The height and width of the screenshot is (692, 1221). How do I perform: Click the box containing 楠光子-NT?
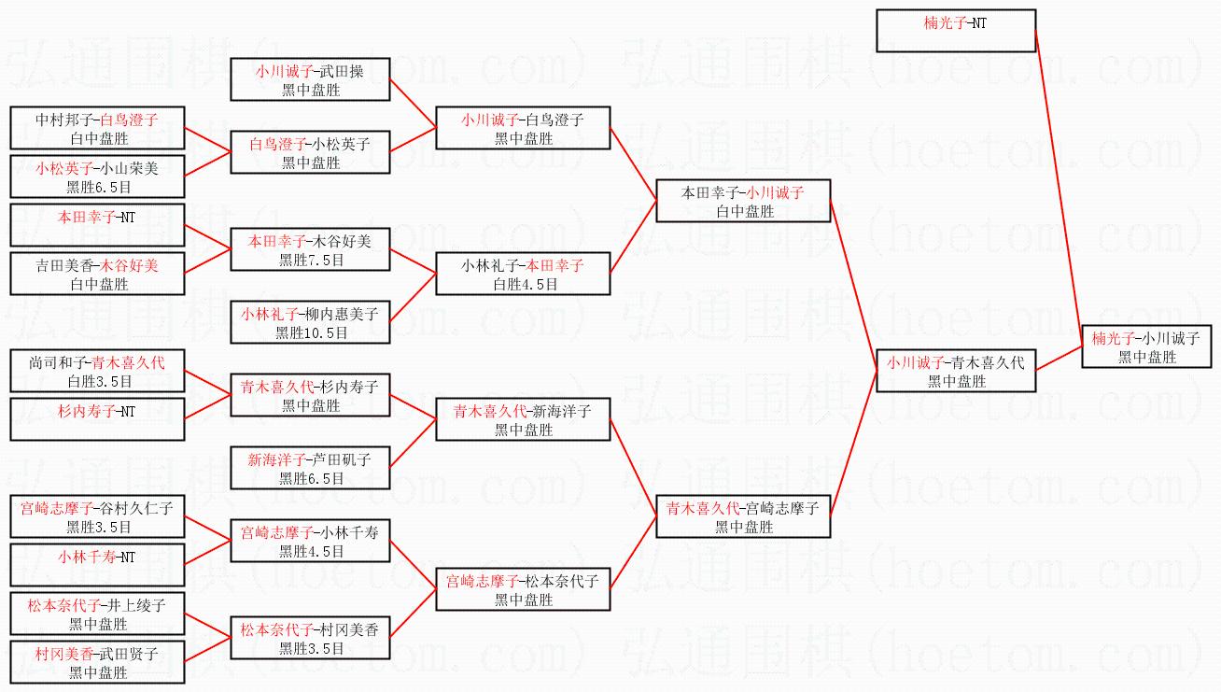tap(956, 31)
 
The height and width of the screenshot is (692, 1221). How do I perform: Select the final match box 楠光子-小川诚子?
tap(1145, 346)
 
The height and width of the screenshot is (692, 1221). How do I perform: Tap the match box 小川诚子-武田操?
tap(310, 79)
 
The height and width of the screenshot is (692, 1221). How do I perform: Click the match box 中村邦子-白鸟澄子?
tap(97, 128)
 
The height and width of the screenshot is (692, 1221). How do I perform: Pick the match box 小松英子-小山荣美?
tap(97, 177)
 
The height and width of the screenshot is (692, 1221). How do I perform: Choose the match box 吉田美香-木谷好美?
tap(97, 274)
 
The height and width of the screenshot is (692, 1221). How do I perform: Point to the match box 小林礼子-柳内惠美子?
tap(310, 322)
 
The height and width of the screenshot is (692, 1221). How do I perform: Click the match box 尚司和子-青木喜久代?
tap(97, 371)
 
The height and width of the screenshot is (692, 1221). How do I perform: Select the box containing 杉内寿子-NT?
tap(97, 419)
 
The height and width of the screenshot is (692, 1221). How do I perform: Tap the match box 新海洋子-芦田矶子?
tap(310, 468)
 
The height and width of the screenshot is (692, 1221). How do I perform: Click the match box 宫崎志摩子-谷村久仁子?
tap(97, 516)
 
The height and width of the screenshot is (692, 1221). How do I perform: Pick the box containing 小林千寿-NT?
tap(97, 565)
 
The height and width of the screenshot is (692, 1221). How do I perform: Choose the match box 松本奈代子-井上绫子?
tap(97, 614)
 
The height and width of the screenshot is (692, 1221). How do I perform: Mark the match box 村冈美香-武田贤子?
tap(97, 662)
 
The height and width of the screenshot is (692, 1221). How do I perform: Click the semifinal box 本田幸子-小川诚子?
tap(743, 201)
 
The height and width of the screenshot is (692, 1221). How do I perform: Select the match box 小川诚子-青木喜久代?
tap(956, 371)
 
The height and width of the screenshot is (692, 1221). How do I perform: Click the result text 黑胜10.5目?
tap(310, 332)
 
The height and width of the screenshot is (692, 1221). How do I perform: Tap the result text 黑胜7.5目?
tap(310, 260)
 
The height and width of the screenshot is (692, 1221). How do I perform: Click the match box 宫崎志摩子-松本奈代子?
tap(523, 589)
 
